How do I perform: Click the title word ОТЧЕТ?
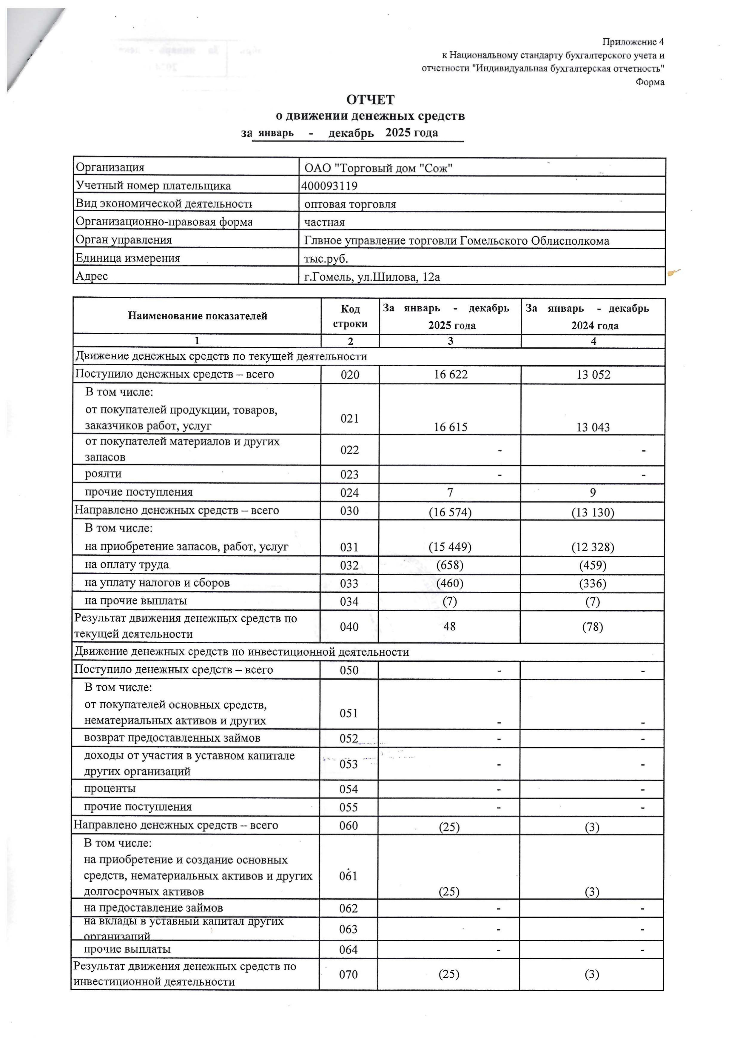point(370,100)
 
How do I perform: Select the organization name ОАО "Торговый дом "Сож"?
point(378,168)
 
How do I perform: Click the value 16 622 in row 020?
point(451,375)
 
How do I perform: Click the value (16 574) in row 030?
point(450,512)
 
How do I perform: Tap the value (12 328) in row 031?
point(593,547)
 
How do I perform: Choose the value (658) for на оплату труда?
point(450,566)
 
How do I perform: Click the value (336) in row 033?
point(593,584)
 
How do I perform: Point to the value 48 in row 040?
point(450,626)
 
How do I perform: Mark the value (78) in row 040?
point(593,627)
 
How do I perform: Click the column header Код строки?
point(350,316)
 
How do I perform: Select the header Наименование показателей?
point(198,316)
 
